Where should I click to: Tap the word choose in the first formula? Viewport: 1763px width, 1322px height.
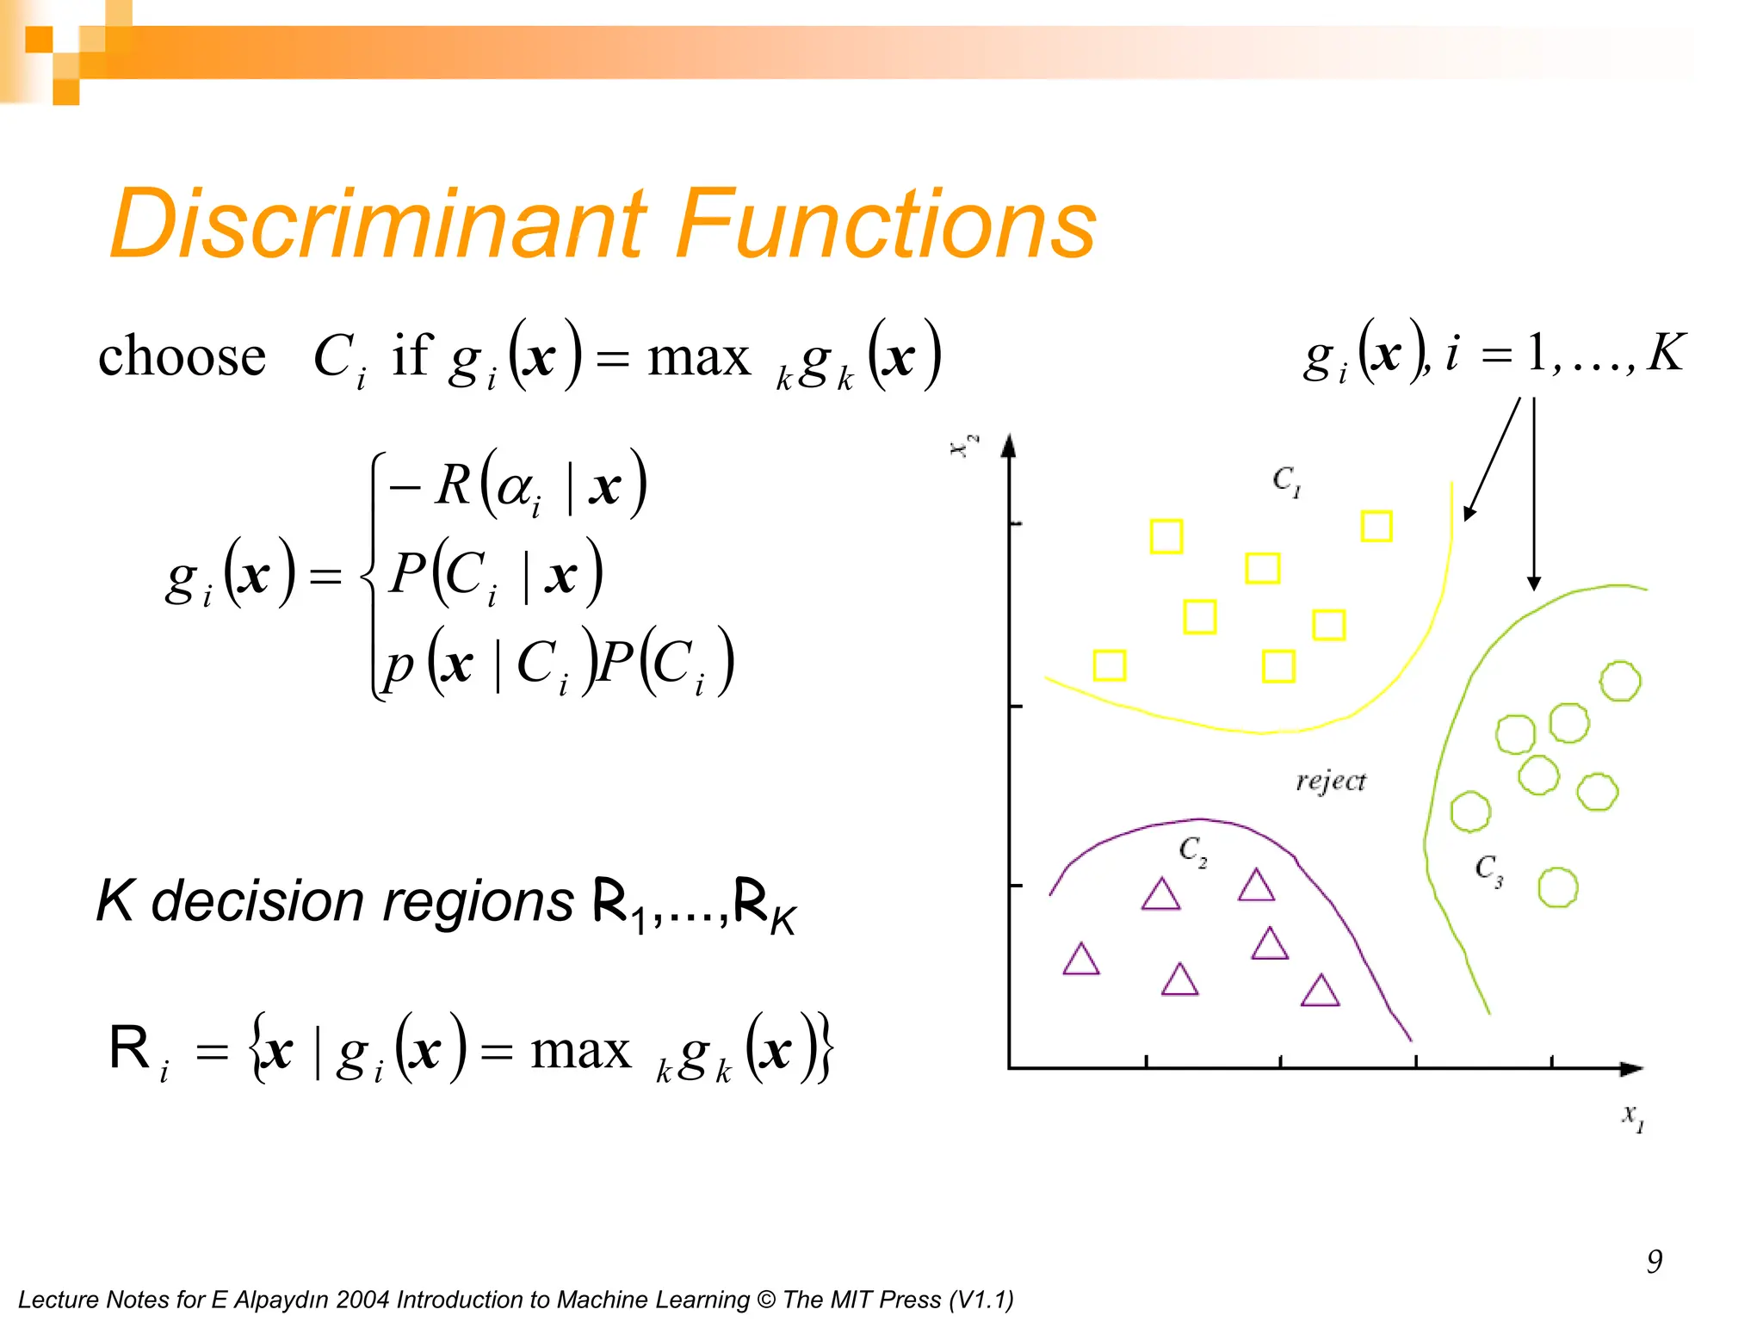182,355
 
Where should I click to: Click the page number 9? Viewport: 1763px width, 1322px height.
1654,1262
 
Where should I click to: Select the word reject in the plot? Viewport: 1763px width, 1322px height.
1330,781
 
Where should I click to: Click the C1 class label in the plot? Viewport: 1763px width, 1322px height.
1286,480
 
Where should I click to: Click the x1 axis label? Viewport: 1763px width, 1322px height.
1633,1117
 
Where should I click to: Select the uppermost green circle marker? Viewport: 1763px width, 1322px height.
1620,681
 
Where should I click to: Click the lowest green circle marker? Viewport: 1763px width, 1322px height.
1557,887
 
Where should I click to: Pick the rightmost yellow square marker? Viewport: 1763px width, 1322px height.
1376,526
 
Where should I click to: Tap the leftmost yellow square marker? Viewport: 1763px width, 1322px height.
1109,665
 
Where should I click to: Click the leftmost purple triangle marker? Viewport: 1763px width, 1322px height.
1081,961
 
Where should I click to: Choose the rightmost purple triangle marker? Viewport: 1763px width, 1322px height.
1320,991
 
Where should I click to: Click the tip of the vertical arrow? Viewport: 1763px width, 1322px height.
1533,588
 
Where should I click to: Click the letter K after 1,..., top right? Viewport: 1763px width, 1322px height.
1666,353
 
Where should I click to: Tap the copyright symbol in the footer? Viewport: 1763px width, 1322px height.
765,1300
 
